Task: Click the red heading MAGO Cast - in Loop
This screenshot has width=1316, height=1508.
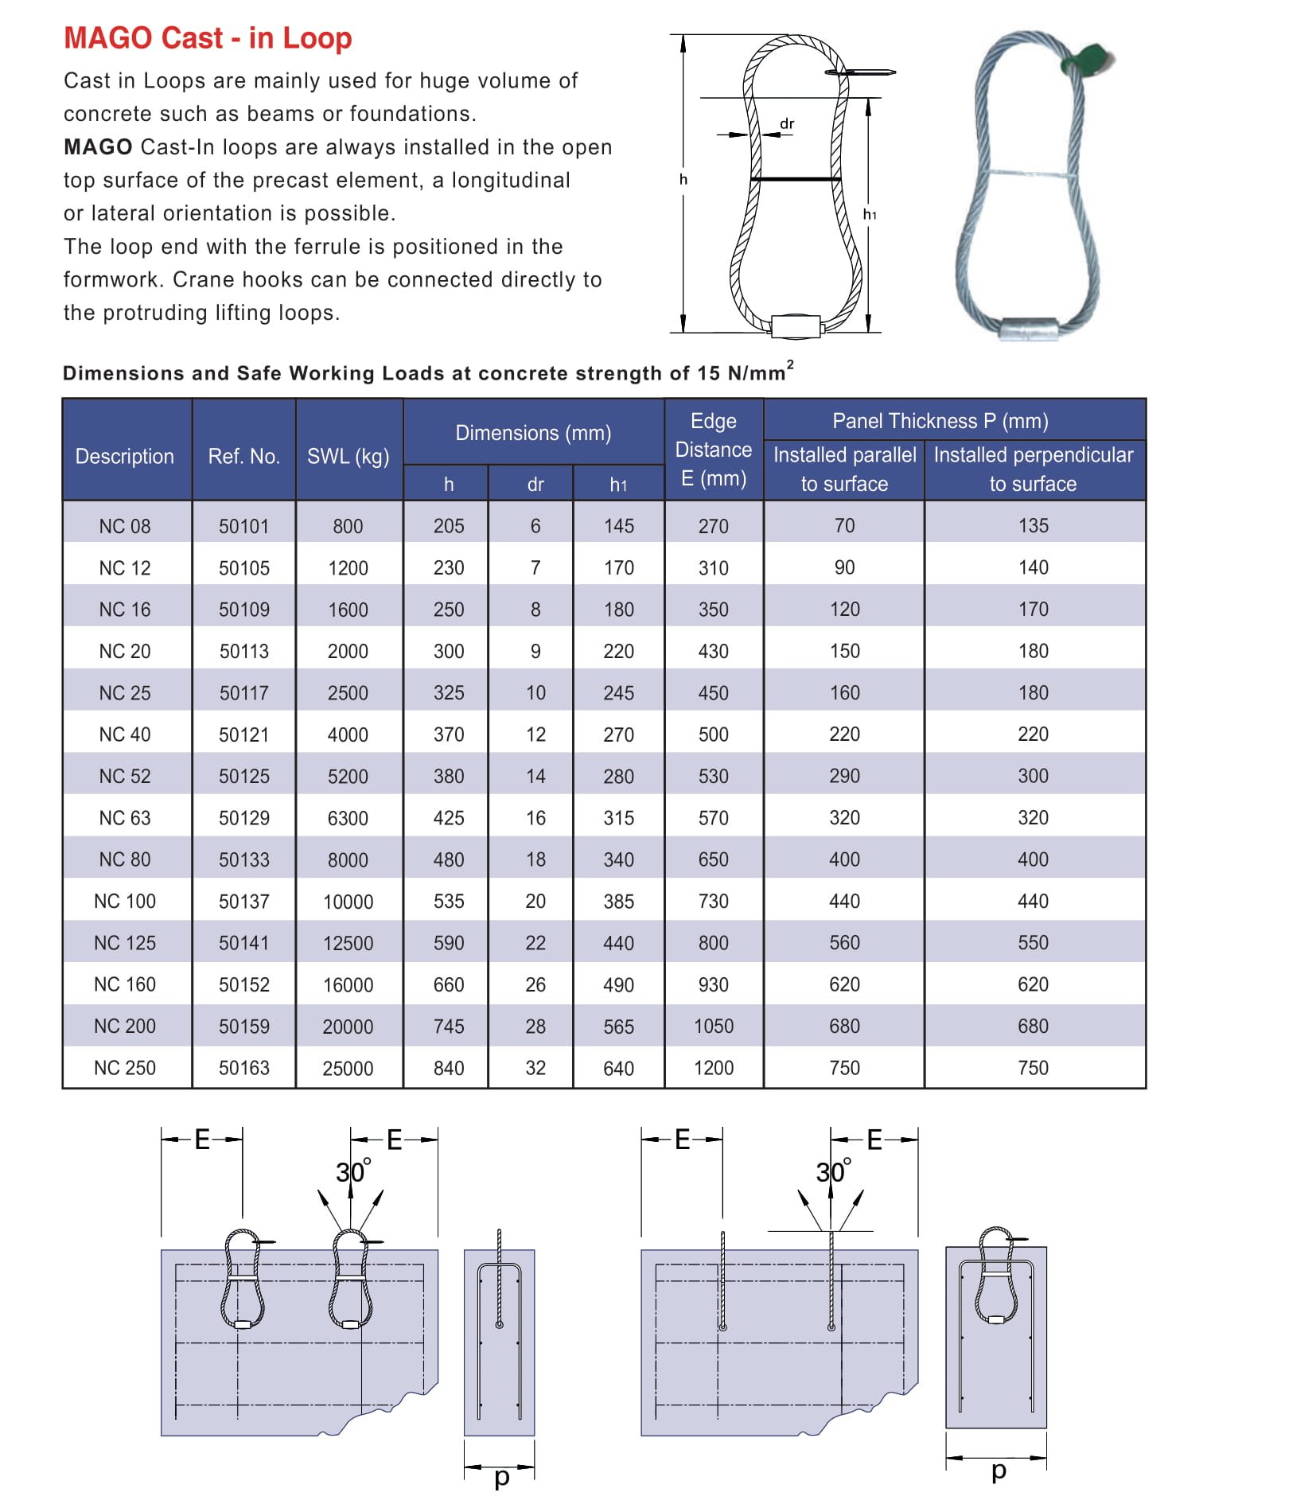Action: coord(208,37)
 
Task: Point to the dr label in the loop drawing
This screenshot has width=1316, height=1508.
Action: coord(787,123)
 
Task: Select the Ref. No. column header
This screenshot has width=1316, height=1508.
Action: coord(243,456)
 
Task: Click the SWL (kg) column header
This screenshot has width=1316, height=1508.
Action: coord(348,456)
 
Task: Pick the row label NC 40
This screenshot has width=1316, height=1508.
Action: coord(125,734)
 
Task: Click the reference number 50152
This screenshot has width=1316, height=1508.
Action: coord(243,984)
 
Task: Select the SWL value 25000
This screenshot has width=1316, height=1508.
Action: coord(348,1068)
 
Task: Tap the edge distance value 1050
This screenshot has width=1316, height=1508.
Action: coord(714,1026)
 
